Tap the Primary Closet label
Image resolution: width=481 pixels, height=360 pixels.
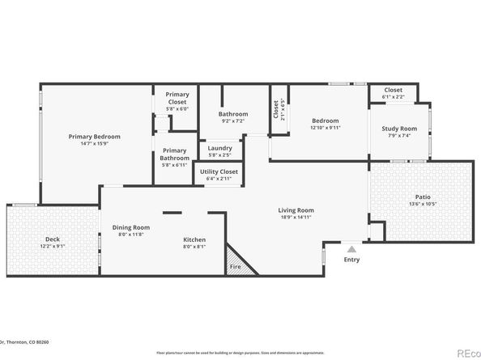pyautogui.click(x=177, y=98)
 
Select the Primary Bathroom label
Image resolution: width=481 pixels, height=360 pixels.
pyautogui.click(x=175, y=154)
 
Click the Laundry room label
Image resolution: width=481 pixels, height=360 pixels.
pyautogui.click(x=219, y=148)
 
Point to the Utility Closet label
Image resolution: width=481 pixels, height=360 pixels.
pyautogui.click(x=217, y=172)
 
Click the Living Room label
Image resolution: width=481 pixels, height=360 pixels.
pyautogui.click(x=296, y=210)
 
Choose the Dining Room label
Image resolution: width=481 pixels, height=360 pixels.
pyautogui.click(x=130, y=227)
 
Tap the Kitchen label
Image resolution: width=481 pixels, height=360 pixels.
pyautogui.click(x=194, y=240)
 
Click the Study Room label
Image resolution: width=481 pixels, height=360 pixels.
pyautogui.click(x=398, y=128)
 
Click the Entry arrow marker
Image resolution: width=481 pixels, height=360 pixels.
pyautogui.click(x=351, y=250)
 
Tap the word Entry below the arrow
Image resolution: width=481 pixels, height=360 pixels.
pyautogui.click(x=351, y=260)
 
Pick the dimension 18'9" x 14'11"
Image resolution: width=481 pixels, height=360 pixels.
pyautogui.click(x=296, y=217)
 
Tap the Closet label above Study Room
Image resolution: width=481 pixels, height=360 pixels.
pyautogui.click(x=394, y=91)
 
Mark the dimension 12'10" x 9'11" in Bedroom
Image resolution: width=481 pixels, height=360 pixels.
pyautogui.click(x=325, y=127)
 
